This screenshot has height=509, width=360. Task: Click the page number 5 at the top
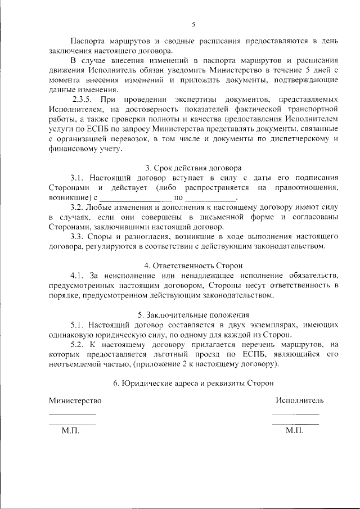point(193,24)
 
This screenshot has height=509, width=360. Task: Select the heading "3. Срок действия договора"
point(193,168)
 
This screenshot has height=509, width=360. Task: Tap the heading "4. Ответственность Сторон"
point(193,265)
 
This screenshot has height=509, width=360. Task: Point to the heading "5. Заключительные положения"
point(193,315)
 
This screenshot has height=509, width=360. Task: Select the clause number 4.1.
point(78,275)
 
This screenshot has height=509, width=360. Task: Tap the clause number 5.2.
point(78,344)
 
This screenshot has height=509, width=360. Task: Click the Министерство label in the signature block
point(75,400)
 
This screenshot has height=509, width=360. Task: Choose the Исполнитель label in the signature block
point(299,400)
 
